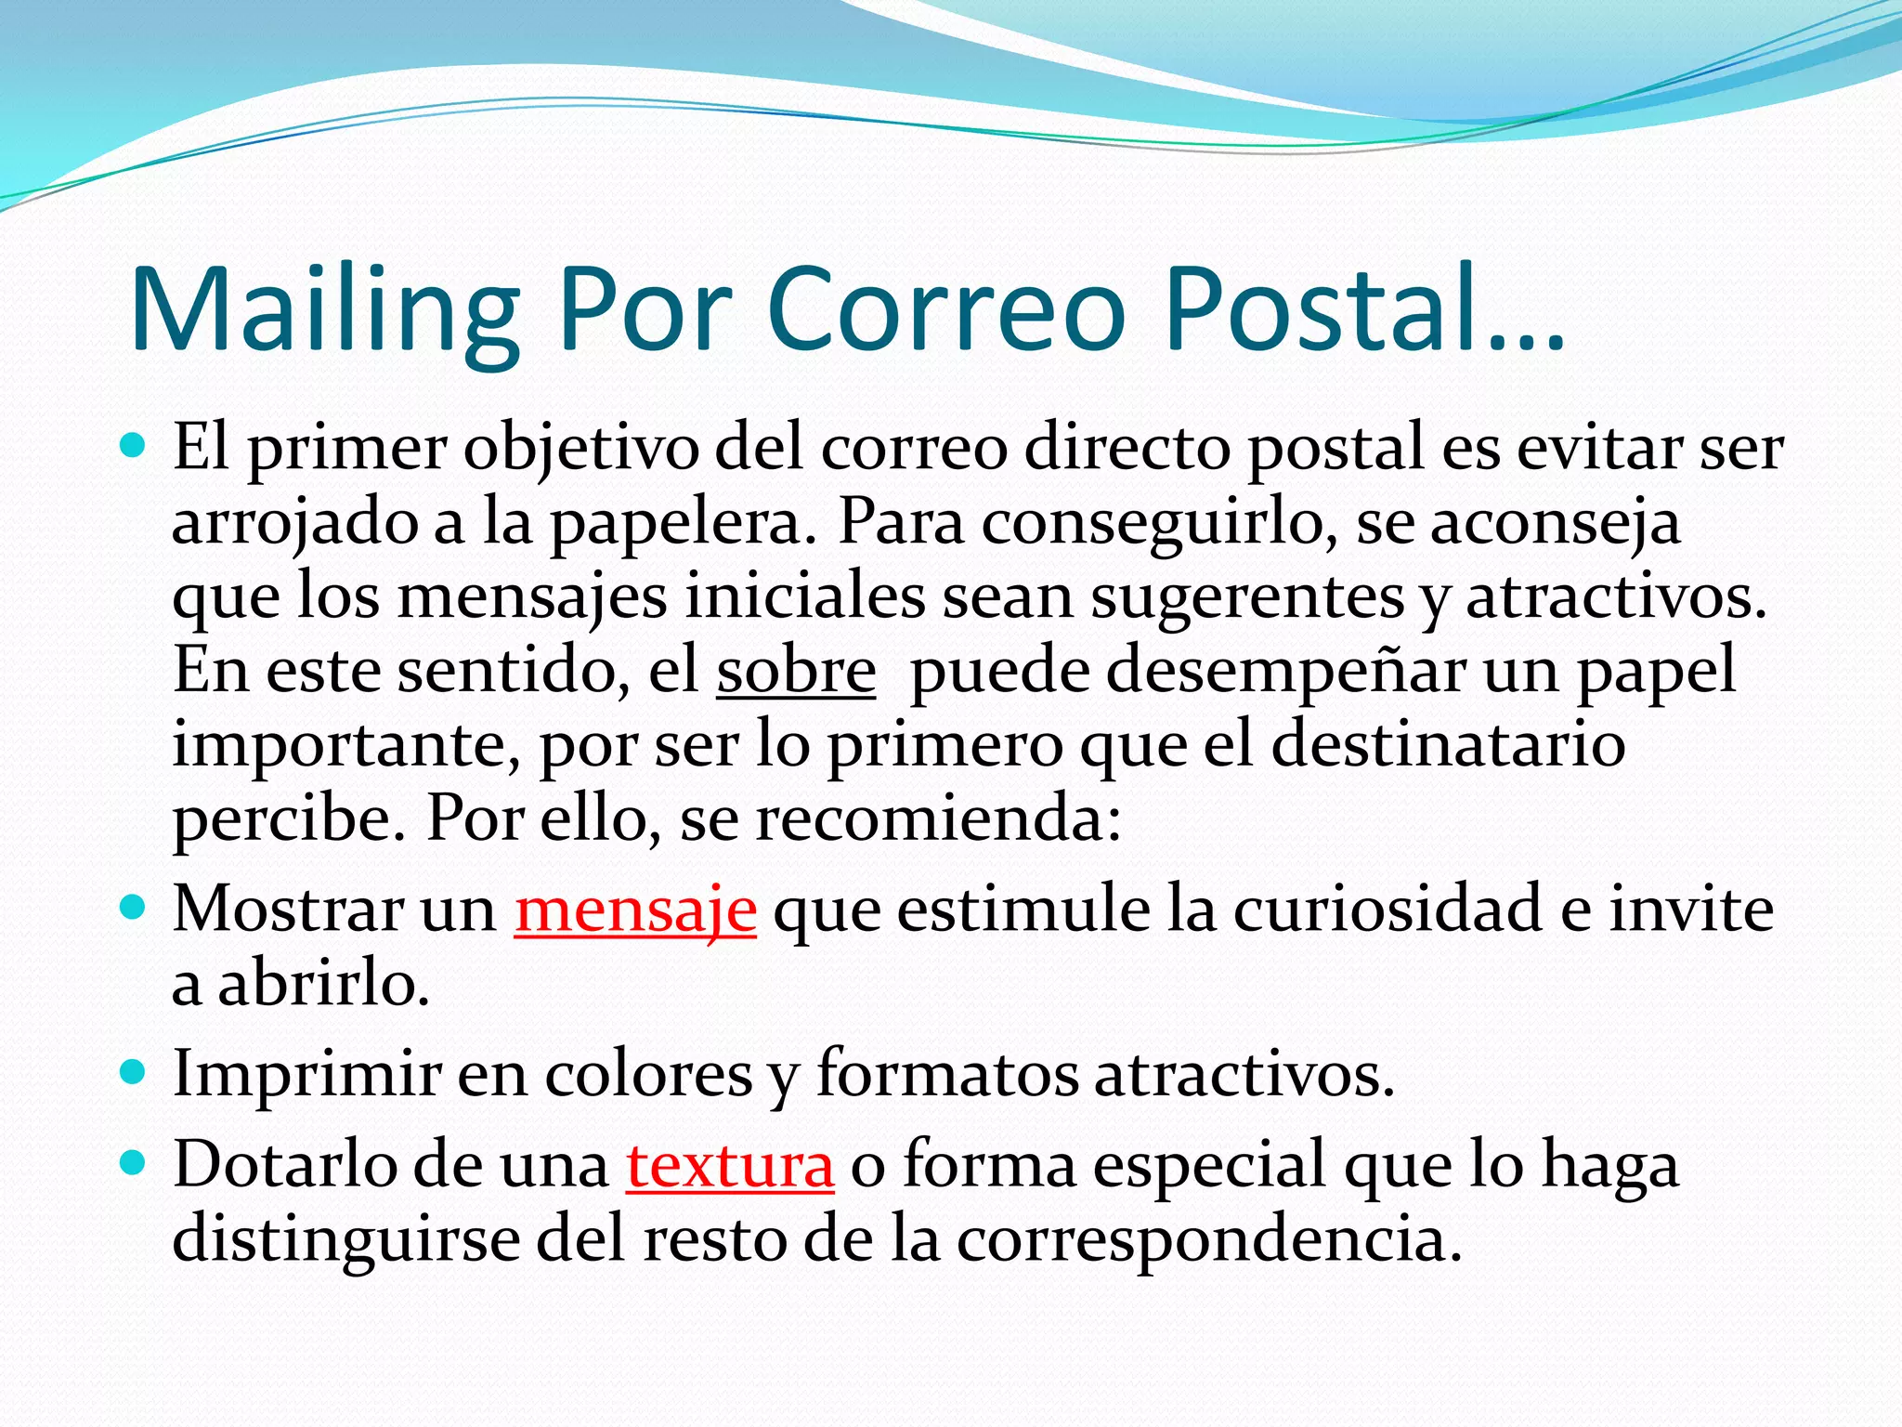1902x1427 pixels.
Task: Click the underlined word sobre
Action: (x=796, y=671)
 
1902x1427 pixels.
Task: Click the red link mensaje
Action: (x=635, y=910)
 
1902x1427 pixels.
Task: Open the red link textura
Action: (x=730, y=1165)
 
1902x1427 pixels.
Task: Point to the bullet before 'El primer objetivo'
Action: (x=134, y=447)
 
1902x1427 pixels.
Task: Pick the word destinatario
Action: (x=1448, y=745)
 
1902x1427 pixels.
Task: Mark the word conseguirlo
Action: (x=1160, y=524)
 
